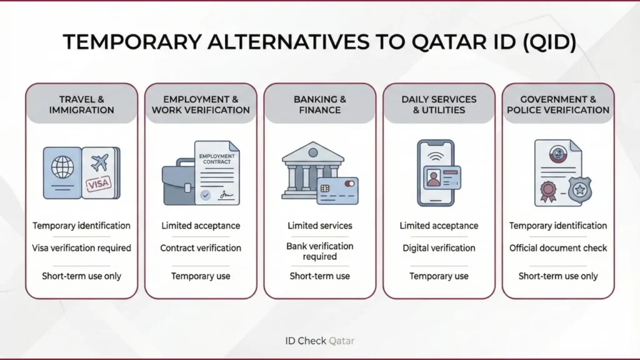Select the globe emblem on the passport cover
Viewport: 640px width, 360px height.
click(62, 167)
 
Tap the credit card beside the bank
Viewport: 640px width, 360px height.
click(337, 189)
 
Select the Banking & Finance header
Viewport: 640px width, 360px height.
click(320, 104)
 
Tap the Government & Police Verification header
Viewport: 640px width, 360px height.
click(558, 104)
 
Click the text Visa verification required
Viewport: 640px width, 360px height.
click(82, 248)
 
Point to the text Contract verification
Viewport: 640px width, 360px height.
click(201, 248)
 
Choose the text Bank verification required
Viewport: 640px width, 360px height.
click(320, 251)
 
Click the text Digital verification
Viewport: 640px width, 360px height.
click(439, 248)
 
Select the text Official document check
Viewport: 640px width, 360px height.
click(558, 248)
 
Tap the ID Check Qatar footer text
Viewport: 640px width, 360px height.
click(319, 341)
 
